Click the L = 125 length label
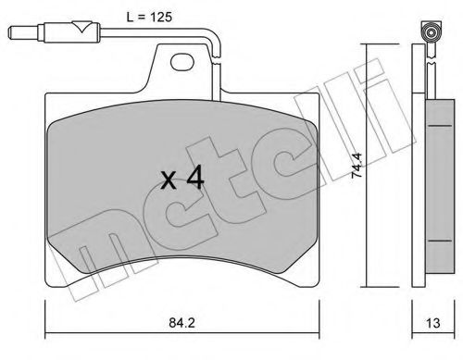tap(149, 17)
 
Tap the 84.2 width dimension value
tap(181, 323)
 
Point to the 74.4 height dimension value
tap(357, 166)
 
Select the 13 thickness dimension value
tap(432, 323)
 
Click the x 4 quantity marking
tap(182, 178)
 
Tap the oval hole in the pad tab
tap(182, 61)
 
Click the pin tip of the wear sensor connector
tap(11, 32)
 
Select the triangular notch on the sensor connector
tap(82, 27)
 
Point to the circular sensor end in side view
tap(431, 32)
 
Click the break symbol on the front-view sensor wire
tap(218, 60)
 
